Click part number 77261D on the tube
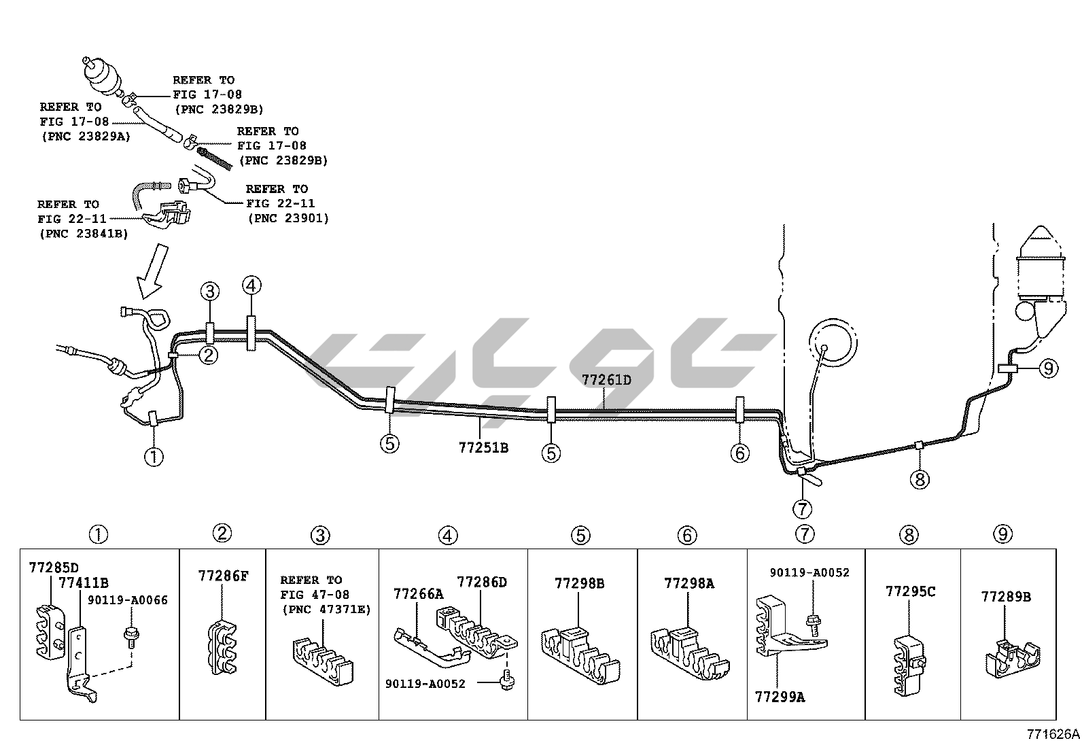606,380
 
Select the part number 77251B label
483,448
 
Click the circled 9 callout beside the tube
1048,368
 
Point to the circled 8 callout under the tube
920,480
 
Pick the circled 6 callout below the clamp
739,452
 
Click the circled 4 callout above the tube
251,286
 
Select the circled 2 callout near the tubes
208,354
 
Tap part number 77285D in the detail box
54,567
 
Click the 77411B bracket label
84,583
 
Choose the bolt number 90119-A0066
128,600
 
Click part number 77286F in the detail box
223,576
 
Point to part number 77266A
418,594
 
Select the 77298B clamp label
579,583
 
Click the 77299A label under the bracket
780,697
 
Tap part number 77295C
910,591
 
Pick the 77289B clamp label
1006,597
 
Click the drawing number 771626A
1053,734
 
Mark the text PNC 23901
288,218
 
